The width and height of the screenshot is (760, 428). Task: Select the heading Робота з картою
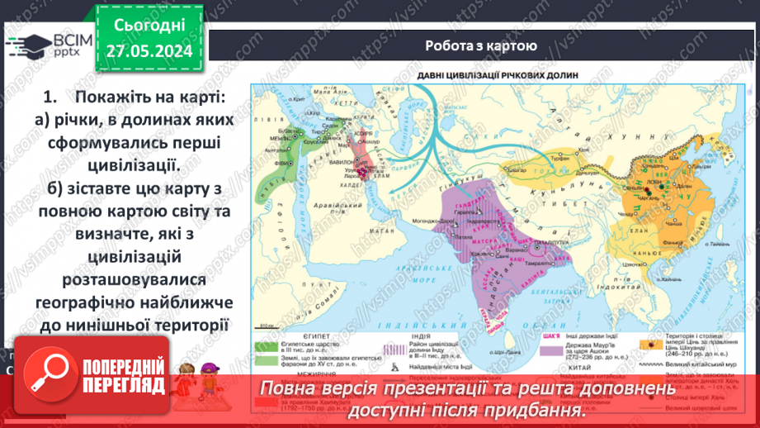[481, 46]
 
